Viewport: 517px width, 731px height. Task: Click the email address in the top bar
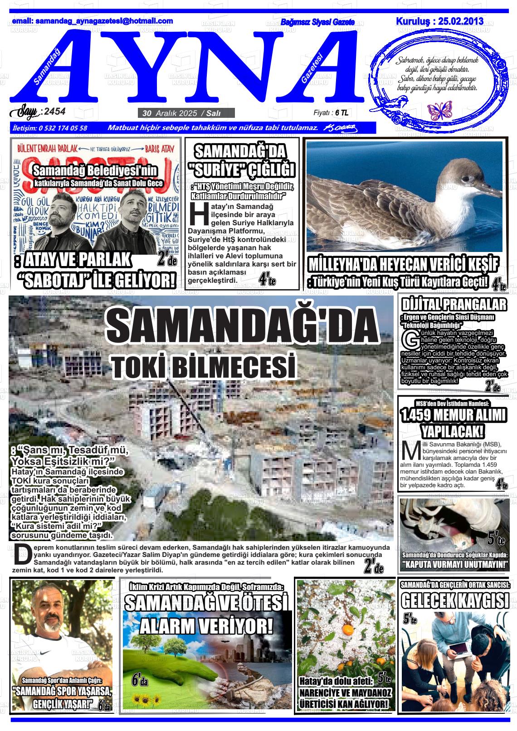pos(93,21)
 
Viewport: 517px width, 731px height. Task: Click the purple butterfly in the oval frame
pos(437,109)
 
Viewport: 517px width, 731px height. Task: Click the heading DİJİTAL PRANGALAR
pos(454,304)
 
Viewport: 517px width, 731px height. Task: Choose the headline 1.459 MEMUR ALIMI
pos(454,415)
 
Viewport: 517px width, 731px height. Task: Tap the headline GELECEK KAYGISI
pos(455,601)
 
